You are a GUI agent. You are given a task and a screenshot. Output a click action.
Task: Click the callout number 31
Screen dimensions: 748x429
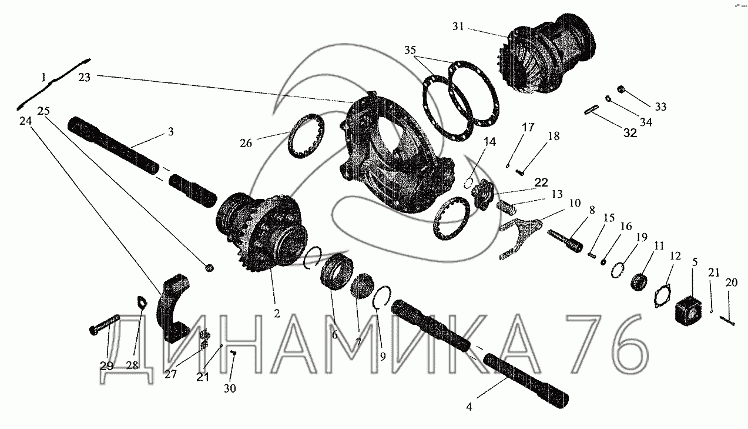tap(459, 26)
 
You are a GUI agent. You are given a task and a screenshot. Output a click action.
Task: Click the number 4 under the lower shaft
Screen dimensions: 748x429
tap(468, 405)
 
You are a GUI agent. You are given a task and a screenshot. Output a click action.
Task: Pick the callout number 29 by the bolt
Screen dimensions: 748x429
tap(106, 365)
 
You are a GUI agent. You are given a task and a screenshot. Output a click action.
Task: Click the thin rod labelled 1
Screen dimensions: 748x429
tap(54, 83)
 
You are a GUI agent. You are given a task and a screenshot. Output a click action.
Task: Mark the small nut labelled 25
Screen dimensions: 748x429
tap(209, 268)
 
